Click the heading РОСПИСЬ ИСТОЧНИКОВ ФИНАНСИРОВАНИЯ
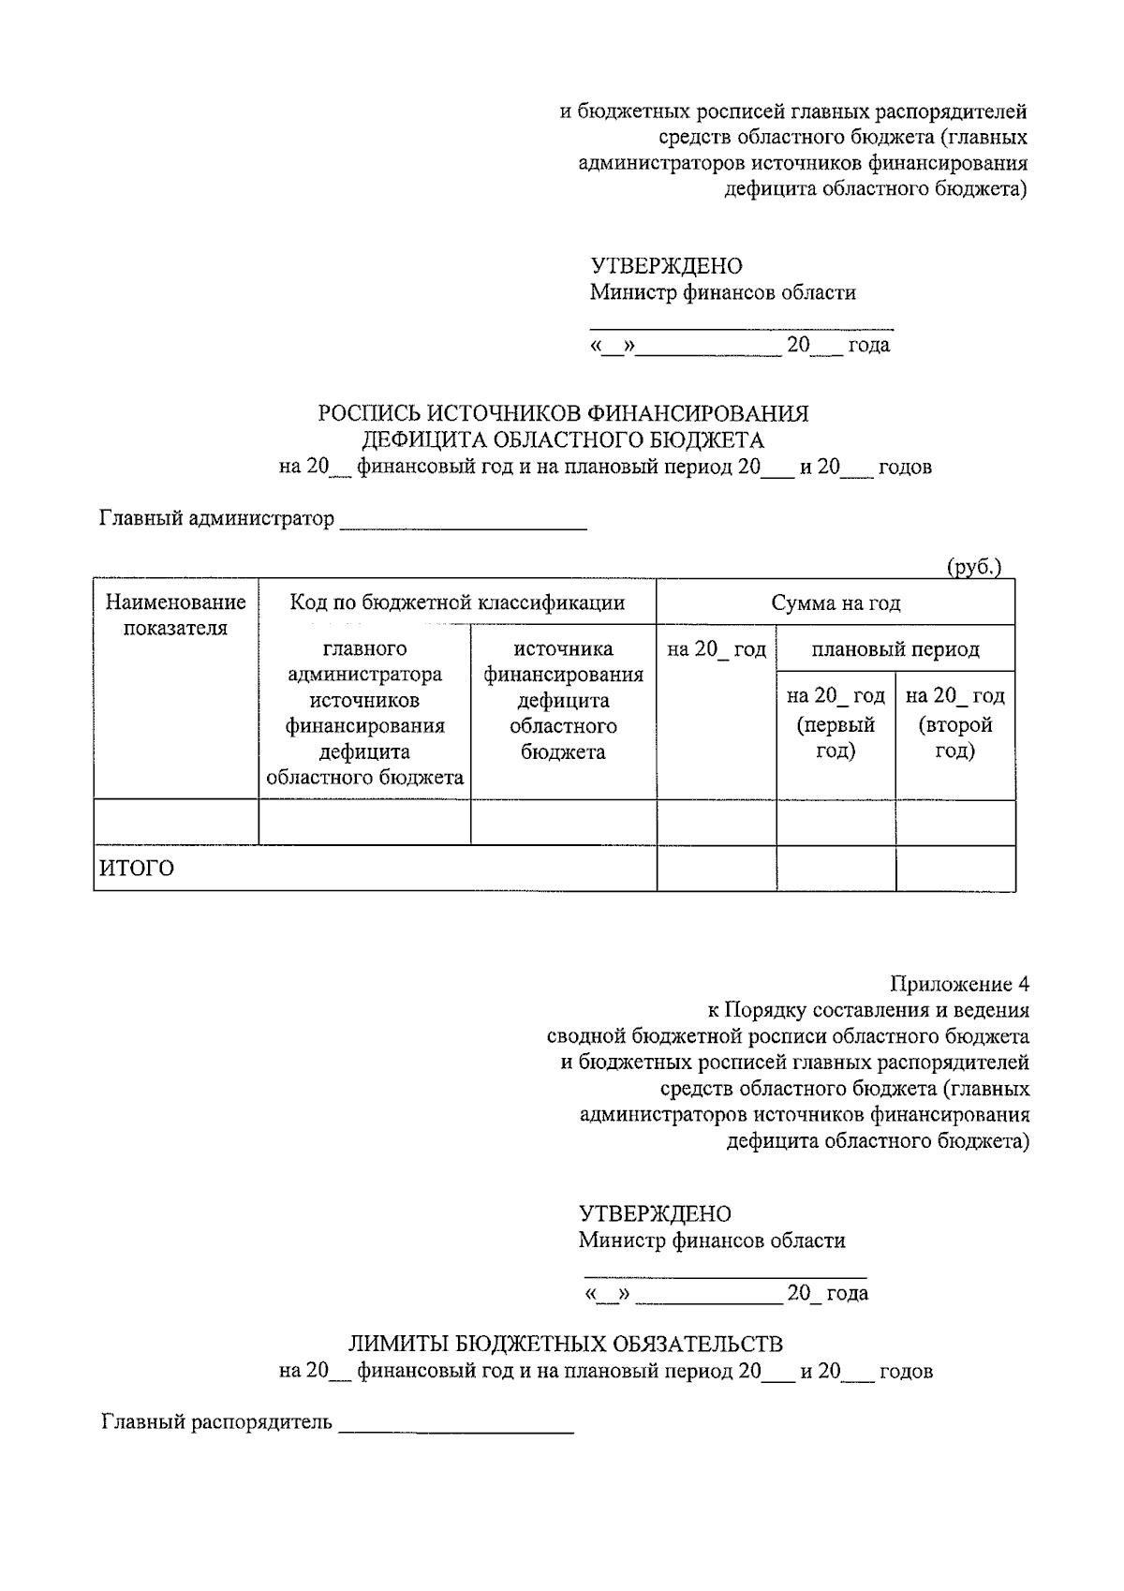563,413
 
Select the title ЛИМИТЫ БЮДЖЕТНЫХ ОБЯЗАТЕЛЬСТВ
566,1344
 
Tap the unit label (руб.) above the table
974,567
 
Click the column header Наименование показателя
176,615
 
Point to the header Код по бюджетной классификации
457,602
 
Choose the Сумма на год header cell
836,602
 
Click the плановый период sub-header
895,648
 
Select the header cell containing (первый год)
836,723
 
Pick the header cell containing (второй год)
955,723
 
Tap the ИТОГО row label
138,869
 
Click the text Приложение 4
959,984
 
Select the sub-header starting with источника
563,700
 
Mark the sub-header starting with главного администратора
364,712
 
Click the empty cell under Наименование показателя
176,823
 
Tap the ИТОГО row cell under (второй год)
955,869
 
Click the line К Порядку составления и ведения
868,1010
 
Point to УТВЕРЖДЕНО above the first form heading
666,266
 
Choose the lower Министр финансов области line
712,1241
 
